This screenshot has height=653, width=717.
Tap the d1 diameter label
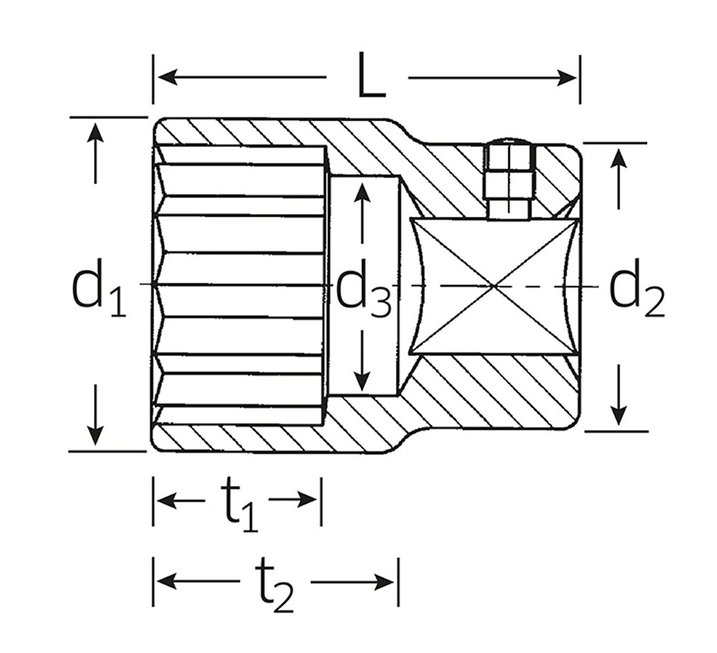tap(99, 288)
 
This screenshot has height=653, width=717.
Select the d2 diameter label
tap(637, 288)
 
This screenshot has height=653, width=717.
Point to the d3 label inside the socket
tap(364, 288)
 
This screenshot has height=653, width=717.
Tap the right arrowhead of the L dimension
tap(566, 77)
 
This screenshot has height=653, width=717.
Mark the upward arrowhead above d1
tap(95, 133)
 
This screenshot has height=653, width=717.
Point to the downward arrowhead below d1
tap(95, 435)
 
